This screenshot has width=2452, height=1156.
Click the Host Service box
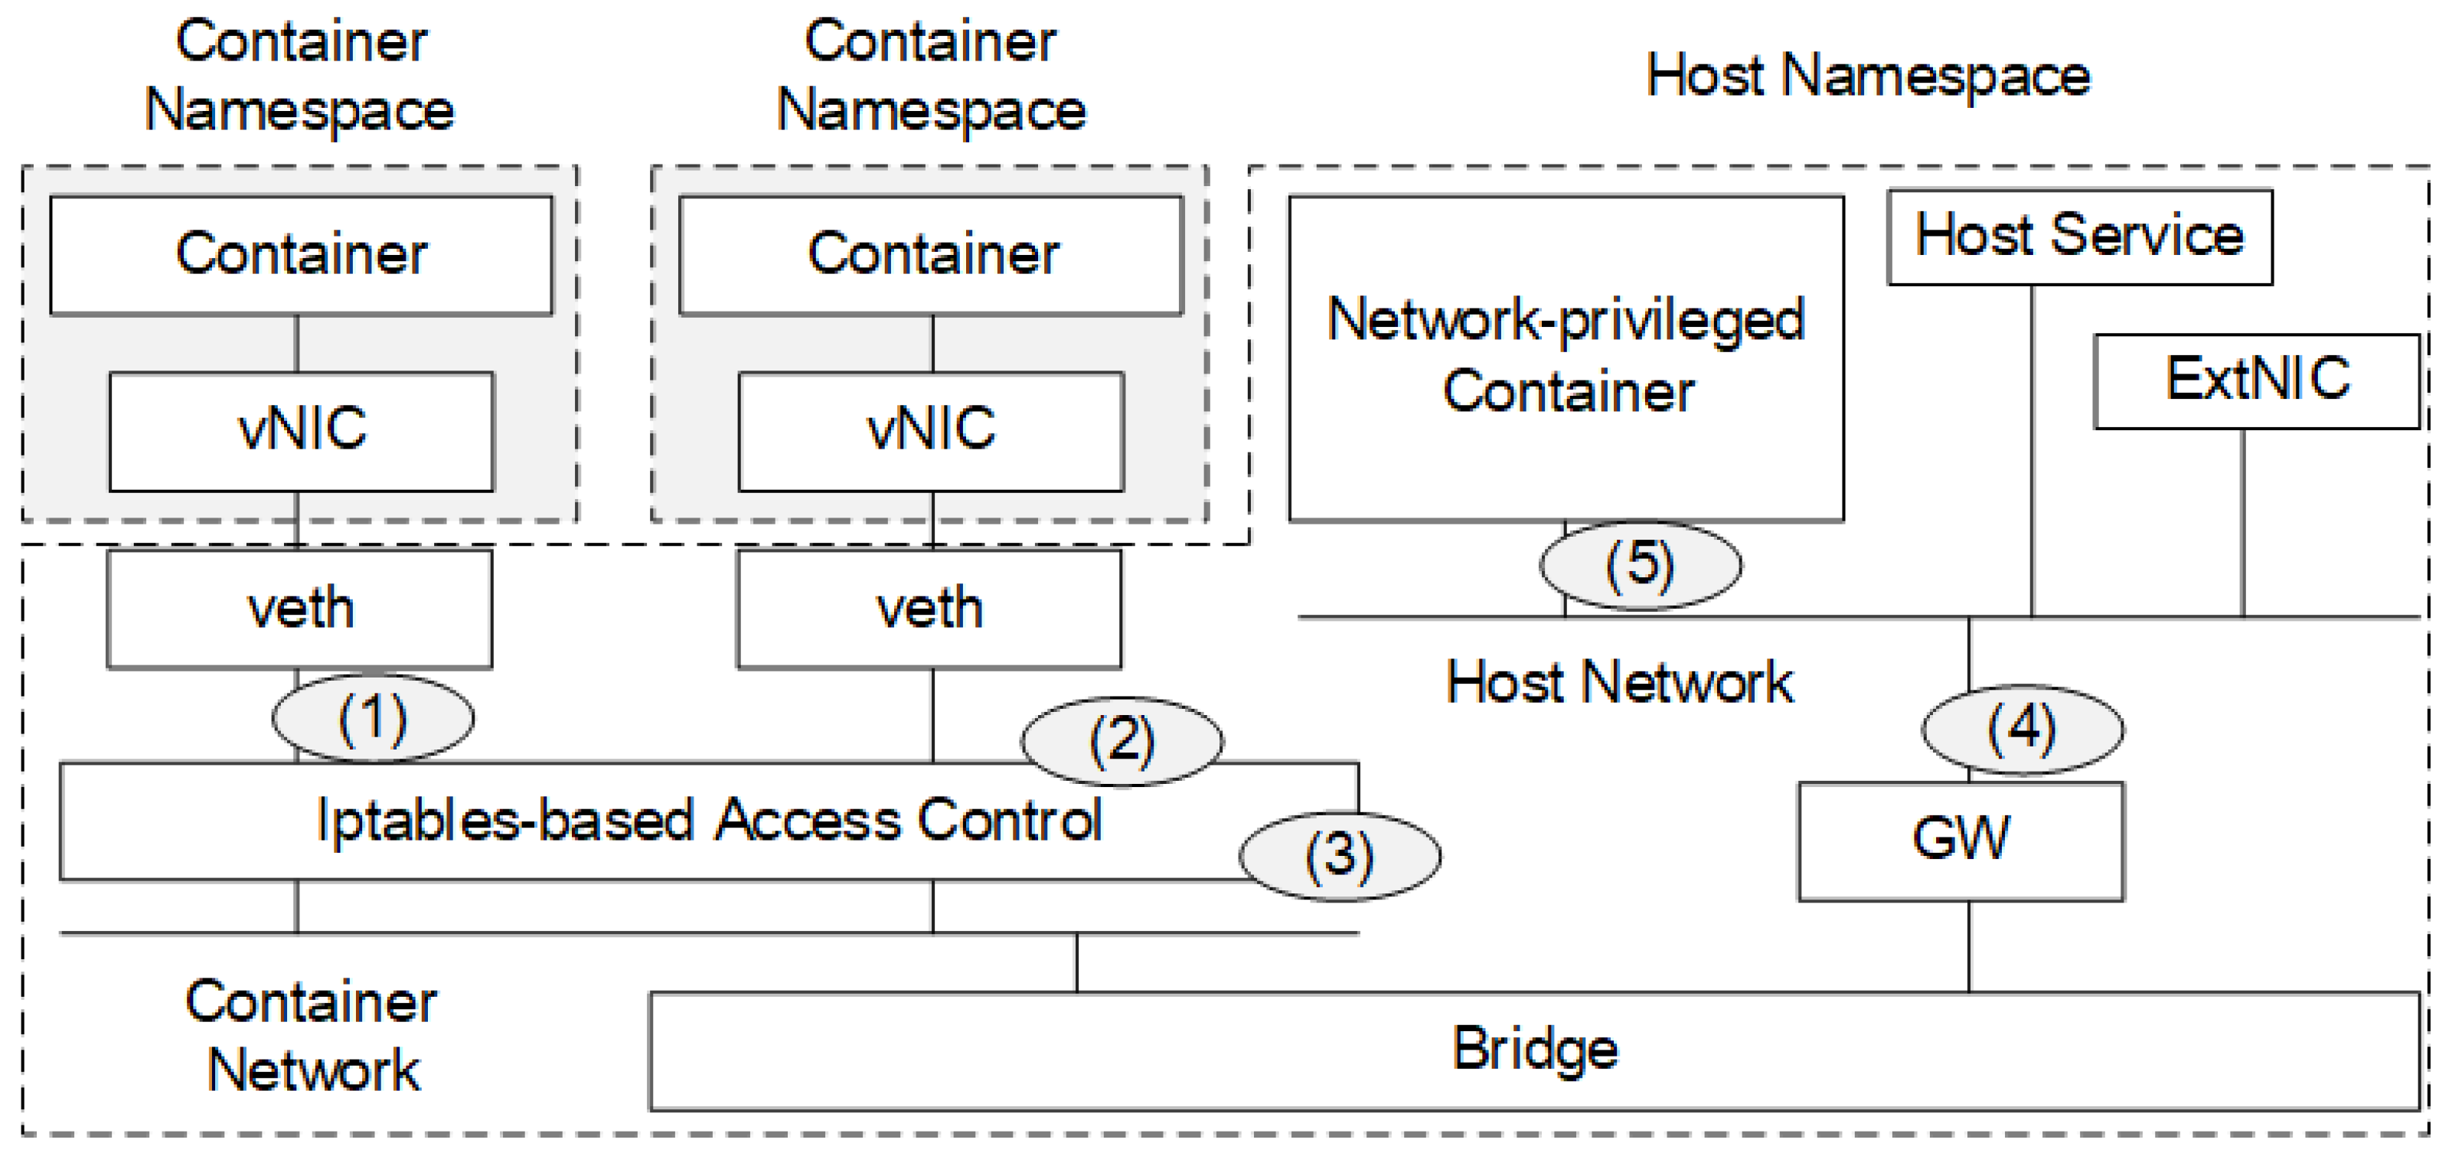coord(2079,236)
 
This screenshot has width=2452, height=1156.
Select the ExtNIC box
coord(2256,381)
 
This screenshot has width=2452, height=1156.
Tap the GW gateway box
coord(1960,841)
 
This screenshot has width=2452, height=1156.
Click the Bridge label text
coord(1534,1050)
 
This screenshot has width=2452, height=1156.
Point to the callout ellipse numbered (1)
coord(372,718)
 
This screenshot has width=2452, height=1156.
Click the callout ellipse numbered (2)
coord(1122,741)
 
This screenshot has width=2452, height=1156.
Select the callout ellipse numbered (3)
coord(1338,855)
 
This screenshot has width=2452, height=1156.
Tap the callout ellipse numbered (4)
coord(2022,730)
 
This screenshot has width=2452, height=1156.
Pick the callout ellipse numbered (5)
coord(1640,565)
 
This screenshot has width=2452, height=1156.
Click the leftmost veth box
coord(300,609)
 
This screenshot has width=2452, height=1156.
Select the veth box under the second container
coord(929,609)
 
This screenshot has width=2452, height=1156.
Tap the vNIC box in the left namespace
coord(301,430)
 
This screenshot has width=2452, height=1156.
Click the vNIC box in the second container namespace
coord(930,430)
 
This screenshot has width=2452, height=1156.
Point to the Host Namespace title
coord(1868,77)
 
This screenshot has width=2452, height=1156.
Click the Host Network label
coord(1618,683)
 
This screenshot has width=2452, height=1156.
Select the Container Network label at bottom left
coord(312,1035)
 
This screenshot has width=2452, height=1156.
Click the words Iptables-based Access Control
coord(708,821)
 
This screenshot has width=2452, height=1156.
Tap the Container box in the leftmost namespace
coord(301,254)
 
